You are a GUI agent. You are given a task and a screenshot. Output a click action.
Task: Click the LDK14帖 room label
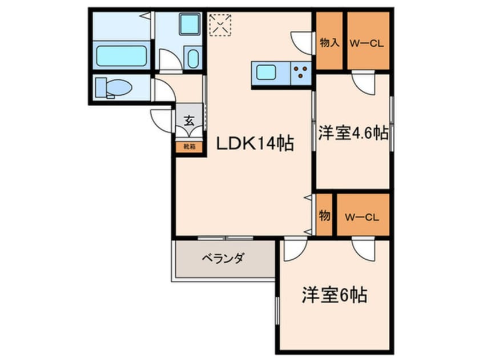[254, 144]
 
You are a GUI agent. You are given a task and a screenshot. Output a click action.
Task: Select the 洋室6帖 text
[334, 296]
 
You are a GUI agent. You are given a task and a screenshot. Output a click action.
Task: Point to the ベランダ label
[223, 259]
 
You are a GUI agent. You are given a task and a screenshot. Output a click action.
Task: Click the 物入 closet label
[329, 42]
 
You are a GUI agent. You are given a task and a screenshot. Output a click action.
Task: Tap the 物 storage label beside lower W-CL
[324, 216]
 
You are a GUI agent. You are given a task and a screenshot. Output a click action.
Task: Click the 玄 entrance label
[188, 120]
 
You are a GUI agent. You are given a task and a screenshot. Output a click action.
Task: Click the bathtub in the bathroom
[121, 56]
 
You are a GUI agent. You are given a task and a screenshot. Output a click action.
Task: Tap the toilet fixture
[114, 87]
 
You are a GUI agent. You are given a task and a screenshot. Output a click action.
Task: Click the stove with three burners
[301, 73]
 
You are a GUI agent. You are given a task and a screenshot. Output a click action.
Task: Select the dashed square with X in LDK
[220, 25]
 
